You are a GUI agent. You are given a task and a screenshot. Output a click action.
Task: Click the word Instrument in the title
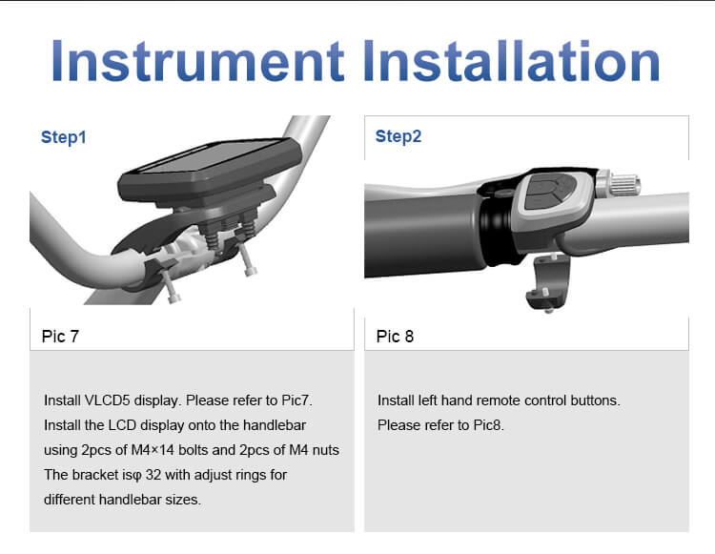pos(197,61)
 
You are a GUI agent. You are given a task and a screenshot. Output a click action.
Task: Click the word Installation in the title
pos(512,61)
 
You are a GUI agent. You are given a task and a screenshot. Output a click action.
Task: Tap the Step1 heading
pos(63,136)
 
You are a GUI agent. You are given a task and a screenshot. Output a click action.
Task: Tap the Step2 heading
pos(398,136)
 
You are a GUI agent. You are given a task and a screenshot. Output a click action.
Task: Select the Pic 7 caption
pos(60,337)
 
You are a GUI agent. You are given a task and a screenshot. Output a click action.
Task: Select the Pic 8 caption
pos(395,337)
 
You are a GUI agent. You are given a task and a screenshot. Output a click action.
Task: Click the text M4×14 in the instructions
pos(153,450)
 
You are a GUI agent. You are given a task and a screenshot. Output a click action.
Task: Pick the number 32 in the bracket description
pos(153,475)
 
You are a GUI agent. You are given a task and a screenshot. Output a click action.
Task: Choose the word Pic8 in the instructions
pos(488,425)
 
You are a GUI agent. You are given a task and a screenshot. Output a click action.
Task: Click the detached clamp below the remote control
pos(548,282)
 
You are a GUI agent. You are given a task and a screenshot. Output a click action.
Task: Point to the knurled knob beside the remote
pos(623,184)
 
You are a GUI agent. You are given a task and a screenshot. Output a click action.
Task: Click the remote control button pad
pos(549,192)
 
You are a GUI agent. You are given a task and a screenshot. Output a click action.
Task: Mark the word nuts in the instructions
pos(326,450)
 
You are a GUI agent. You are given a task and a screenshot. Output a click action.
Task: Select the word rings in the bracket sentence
pos(251,475)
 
